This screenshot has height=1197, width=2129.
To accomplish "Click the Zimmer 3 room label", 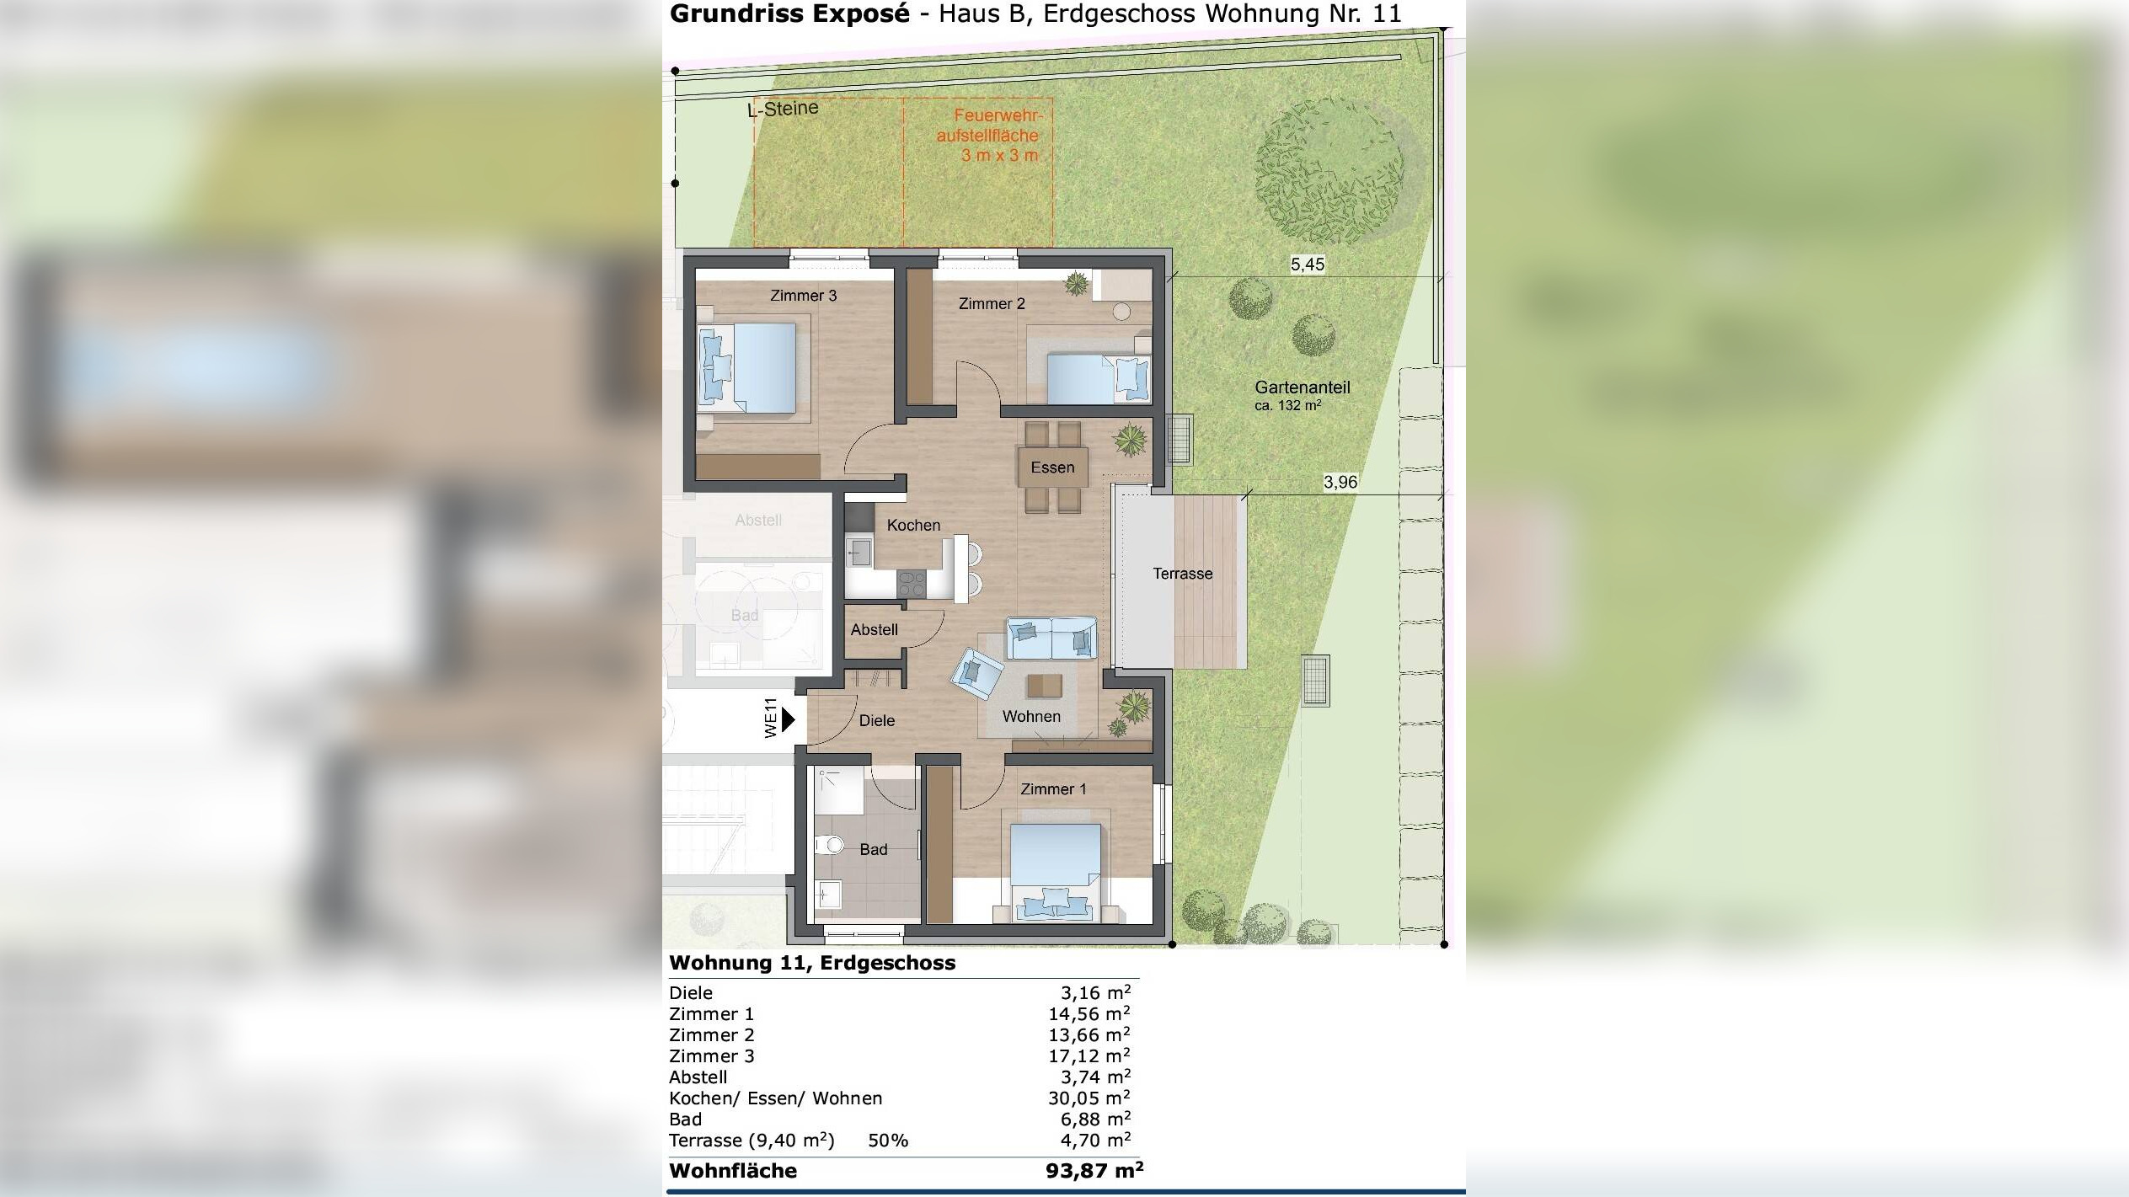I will tap(803, 296).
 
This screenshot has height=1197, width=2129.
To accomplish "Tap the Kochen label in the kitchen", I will tap(913, 525).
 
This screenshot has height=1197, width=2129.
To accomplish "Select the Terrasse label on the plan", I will tap(1182, 574).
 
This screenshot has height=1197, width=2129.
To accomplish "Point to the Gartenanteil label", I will tap(1302, 387).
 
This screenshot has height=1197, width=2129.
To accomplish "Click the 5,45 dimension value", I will tap(1308, 265).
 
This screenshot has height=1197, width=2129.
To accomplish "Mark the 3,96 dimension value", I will tap(1340, 482).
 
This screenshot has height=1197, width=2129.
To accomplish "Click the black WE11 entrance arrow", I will tap(789, 719).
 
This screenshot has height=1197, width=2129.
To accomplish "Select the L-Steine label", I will tap(784, 109).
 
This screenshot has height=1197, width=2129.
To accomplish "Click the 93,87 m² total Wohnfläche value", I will tap(1094, 1171).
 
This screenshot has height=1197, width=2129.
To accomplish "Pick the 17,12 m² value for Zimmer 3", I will tap(1089, 1056).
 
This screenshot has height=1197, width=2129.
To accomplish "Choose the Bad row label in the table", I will tap(685, 1120).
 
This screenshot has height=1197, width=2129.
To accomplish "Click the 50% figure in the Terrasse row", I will tap(888, 1141).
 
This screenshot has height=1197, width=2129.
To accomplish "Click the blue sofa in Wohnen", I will tap(1051, 639).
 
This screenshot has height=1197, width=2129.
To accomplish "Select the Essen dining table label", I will tap(1052, 468).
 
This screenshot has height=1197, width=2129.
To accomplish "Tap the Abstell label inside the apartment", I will tap(874, 630).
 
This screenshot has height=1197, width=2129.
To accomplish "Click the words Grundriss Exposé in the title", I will tap(789, 13).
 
